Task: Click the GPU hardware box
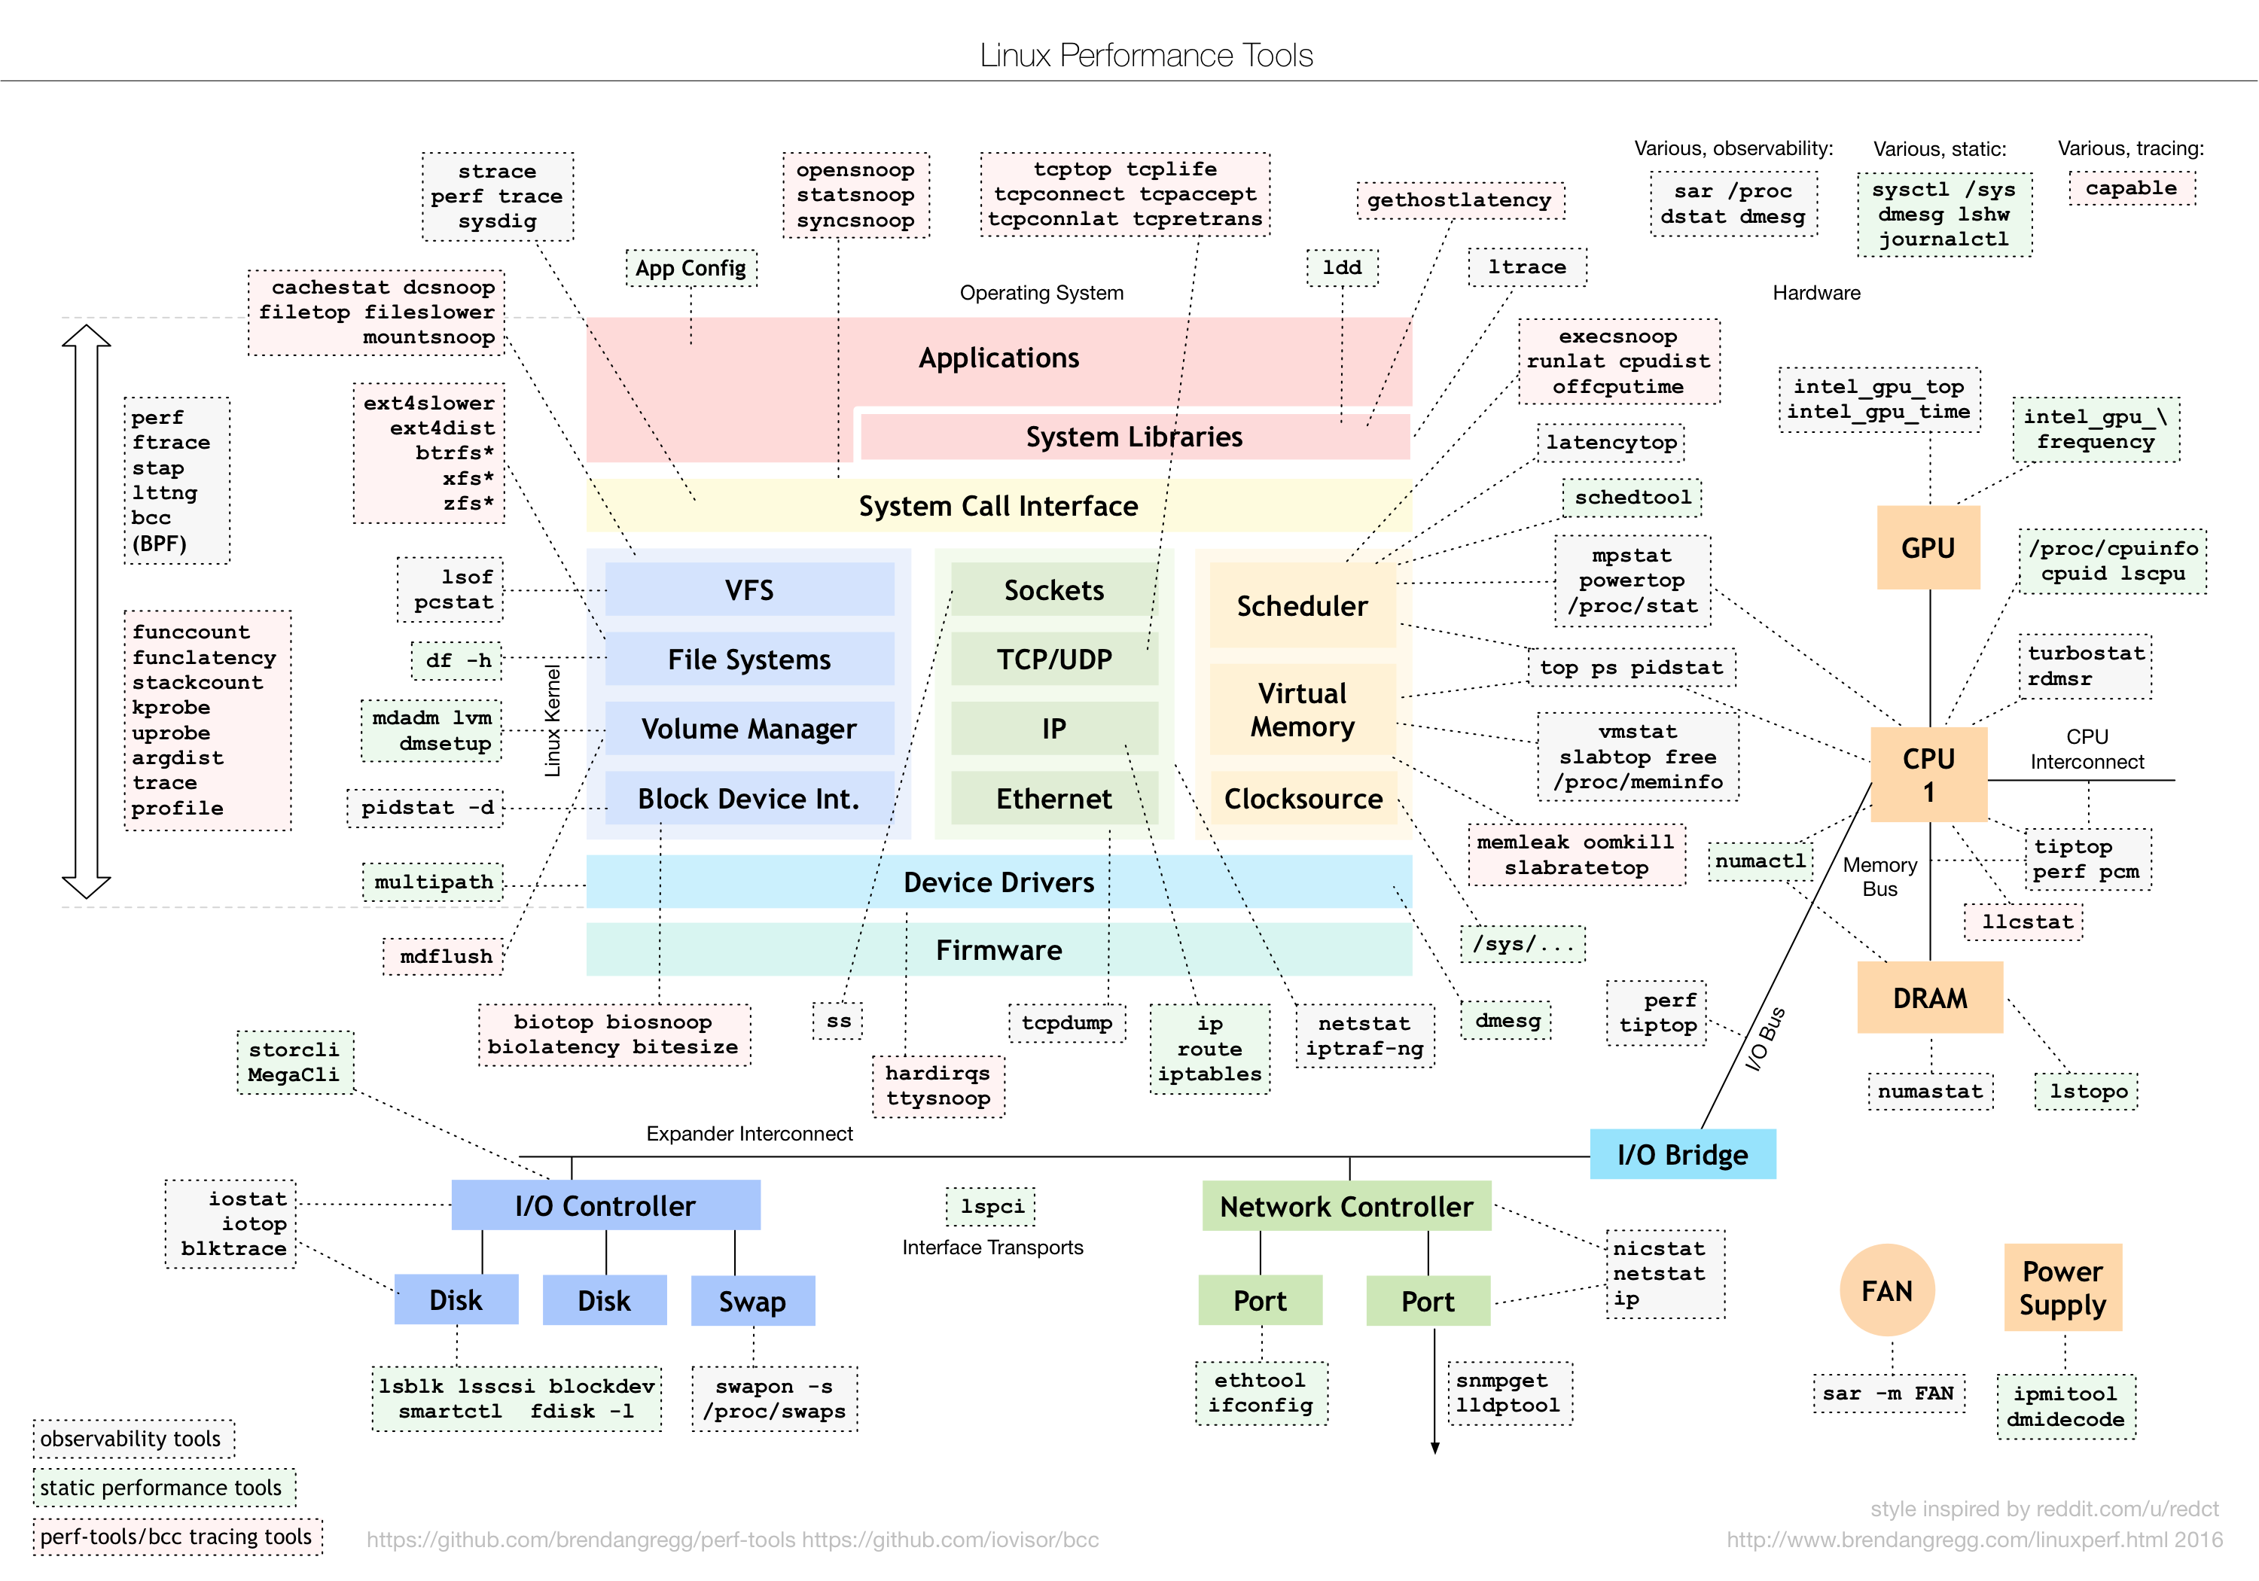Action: (x=1928, y=548)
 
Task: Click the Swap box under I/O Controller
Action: (x=753, y=1301)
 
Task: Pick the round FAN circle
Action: (x=1887, y=1290)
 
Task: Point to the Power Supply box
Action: (x=2063, y=1288)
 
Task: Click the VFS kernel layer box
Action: (x=750, y=589)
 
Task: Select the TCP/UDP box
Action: (x=1053, y=660)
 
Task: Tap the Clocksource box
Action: (x=1303, y=798)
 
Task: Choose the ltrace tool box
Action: (x=1527, y=267)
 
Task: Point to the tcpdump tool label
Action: (x=1066, y=1022)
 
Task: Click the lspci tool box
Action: (x=992, y=1206)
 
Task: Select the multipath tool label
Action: (x=434, y=882)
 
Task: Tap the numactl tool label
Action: (x=1761, y=861)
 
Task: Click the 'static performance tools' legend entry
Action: (x=164, y=1488)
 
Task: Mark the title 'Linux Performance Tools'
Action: (x=1146, y=55)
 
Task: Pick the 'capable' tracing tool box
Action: (x=2131, y=188)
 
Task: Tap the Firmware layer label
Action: (x=998, y=949)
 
